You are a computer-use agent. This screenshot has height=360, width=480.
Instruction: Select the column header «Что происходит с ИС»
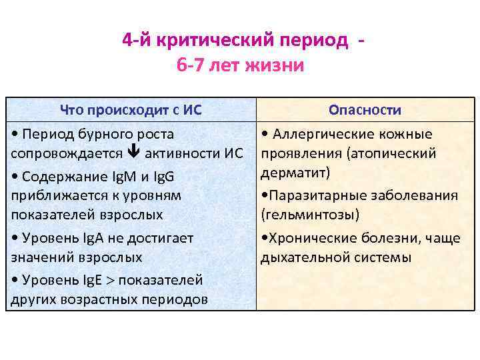point(131,110)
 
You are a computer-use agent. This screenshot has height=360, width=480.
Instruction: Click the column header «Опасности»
point(365,110)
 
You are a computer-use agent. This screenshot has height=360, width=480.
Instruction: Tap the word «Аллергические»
point(321,134)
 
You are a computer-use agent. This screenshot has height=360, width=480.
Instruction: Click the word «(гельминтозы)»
point(310,215)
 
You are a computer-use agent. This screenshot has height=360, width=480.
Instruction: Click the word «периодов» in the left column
point(177,299)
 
